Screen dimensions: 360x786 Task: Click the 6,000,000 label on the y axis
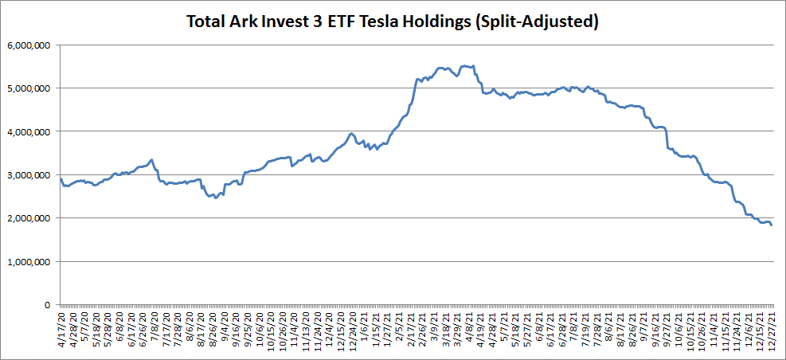(x=28, y=45)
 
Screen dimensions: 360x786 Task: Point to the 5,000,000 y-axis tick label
(x=28, y=88)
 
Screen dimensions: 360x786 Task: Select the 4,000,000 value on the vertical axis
(x=28, y=131)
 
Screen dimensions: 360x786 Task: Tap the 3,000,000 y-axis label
(x=28, y=175)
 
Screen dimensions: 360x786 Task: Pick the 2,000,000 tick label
(x=28, y=218)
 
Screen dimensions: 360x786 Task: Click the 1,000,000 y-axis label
(x=28, y=261)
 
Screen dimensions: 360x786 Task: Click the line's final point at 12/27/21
(x=771, y=225)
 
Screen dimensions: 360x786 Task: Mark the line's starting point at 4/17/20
(x=61, y=178)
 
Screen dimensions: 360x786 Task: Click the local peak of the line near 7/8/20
(x=151, y=159)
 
